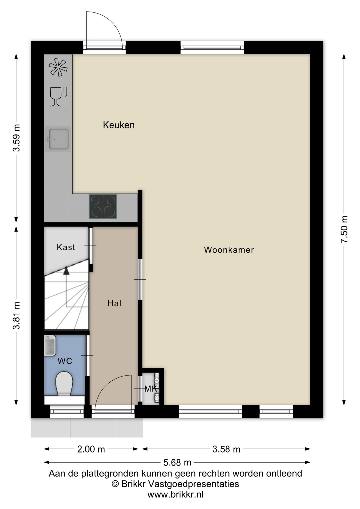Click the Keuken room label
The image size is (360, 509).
[119, 125]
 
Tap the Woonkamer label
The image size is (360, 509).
[229, 250]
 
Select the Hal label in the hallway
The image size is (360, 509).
[114, 303]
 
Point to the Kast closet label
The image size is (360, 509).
[66, 247]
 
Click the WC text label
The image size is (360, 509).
[65, 361]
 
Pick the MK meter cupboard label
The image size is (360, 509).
[151, 389]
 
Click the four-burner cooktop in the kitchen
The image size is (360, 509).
[103, 207]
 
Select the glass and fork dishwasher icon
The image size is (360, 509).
[59, 97]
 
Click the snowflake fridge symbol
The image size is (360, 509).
[58, 67]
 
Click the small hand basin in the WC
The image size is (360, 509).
[50, 345]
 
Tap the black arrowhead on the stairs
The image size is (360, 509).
[66, 271]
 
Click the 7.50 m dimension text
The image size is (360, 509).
[344, 229]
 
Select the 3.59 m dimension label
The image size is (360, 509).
[16, 138]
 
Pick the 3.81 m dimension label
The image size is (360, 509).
[16, 315]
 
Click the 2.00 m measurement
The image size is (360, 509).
[91, 449]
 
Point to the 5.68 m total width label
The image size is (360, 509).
[177, 463]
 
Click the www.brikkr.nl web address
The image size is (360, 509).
[175, 494]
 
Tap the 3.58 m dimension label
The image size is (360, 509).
[226, 449]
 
